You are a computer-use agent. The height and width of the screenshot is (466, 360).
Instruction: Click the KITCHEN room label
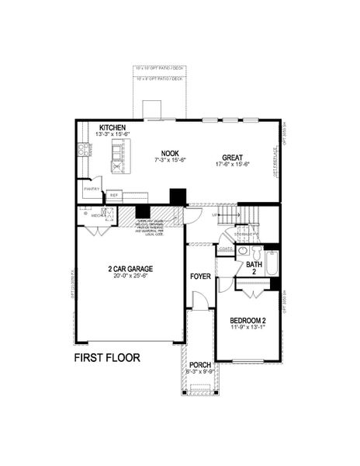tap(112, 127)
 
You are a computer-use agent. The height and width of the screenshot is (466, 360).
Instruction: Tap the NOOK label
tap(170, 153)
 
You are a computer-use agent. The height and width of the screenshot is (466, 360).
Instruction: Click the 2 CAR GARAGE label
tap(130, 268)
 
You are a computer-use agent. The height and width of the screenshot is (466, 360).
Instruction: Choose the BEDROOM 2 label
tap(248, 320)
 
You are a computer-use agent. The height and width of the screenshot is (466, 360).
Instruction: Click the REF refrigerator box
tap(114, 195)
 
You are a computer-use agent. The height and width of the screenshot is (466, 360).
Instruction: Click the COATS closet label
tap(225, 250)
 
